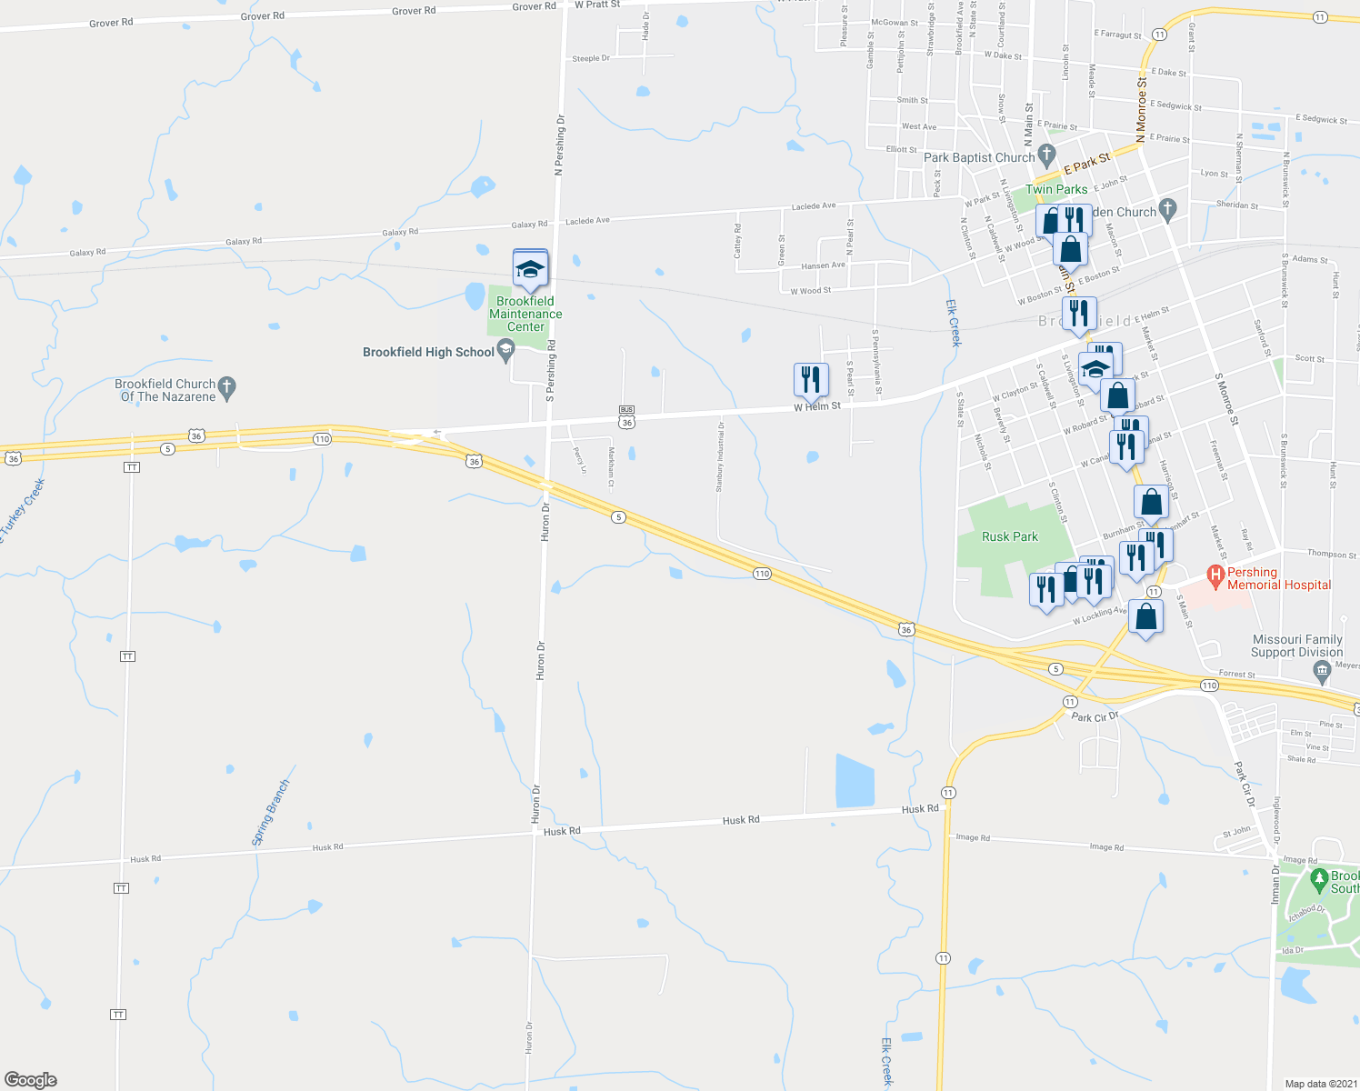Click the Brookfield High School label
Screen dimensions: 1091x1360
pyautogui.click(x=428, y=352)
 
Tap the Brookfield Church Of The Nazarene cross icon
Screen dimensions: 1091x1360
pyautogui.click(x=228, y=389)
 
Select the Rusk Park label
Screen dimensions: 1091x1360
pyautogui.click(x=1009, y=536)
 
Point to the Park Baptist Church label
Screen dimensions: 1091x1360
pyautogui.click(x=979, y=157)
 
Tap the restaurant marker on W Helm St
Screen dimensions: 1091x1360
pyautogui.click(x=811, y=380)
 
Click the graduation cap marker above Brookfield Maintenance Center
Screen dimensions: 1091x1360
pyautogui.click(x=530, y=269)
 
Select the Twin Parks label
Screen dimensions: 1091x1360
pyautogui.click(x=1056, y=189)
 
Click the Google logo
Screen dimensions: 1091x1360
pyautogui.click(x=30, y=1079)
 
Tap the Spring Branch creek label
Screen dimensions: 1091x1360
pyautogui.click(x=271, y=813)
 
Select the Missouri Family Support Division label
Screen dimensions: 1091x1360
pyautogui.click(x=1296, y=646)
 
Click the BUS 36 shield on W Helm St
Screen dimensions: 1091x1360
pyautogui.click(x=626, y=416)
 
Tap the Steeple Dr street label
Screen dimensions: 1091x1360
pyautogui.click(x=590, y=58)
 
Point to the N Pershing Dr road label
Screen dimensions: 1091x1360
pyautogui.click(x=560, y=144)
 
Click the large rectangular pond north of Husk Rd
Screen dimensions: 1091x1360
pyautogui.click(x=855, y=780)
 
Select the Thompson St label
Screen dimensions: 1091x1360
pyautogui.click(x=1333, y=554)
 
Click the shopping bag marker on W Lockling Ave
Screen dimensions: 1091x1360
pyautogui.click(x=1146, y=617)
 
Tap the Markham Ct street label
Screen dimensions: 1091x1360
pyautogui.click(x=612, y=466)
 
